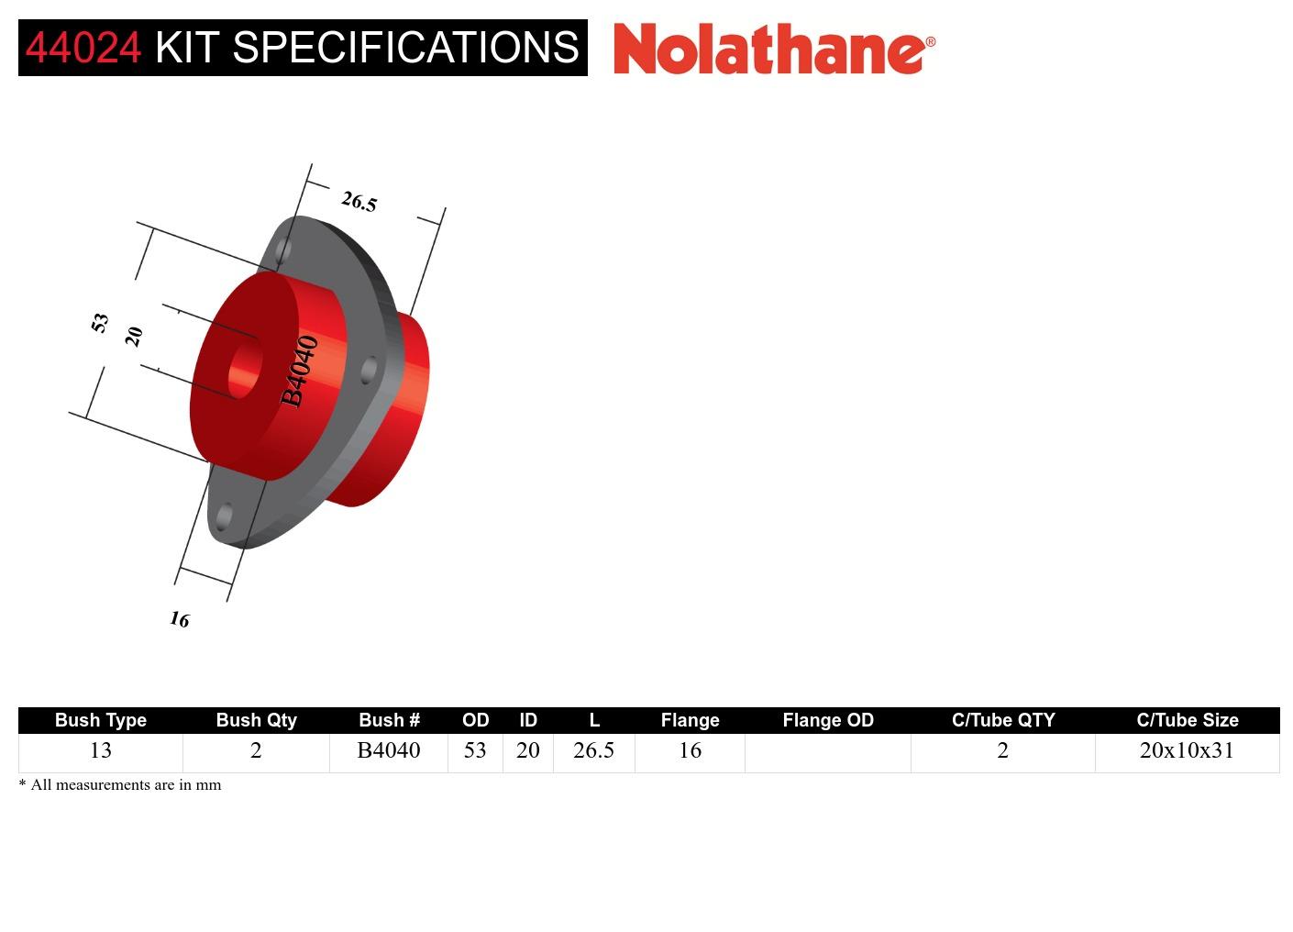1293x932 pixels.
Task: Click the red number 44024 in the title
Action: pyautogui.click(x=83, y=48)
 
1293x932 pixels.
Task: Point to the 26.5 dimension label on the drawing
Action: pyautogui.click(x=359, y=202)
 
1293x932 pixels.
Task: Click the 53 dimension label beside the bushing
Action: pyautogui.click(x=100, y=322)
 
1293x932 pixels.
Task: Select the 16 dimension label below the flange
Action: pyautogui.click(x=180, y=620)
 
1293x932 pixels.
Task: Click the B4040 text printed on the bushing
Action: pyautogui.click(x=300, y=371)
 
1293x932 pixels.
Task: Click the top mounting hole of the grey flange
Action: pyautogui.click(x=283, y=249)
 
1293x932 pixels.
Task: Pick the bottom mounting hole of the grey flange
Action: pyautogui.click(x=224, y=516)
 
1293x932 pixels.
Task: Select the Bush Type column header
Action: pyautogui.click(x=101, y=720)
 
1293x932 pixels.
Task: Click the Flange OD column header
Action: pyautogui.click(x=827, y=720)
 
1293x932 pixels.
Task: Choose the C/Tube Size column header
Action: pyautogui.click(x=1187, y=720)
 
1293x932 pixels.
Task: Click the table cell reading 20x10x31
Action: pyautogui.click(x=1187, y=750)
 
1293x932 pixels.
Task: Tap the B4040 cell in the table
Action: pyautogui.click(x=389, y=750)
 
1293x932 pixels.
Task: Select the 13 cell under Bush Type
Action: pyautogui.click(x=101, y=750)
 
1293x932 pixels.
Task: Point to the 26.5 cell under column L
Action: pyautogui.click(x=593, y=750)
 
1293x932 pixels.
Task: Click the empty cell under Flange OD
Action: pyautogui.click(x=827, y=751)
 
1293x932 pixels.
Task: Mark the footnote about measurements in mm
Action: pyautogui.click(x=120, y=784)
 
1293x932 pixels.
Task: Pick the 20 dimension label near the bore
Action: pyautogui.click(x=134, y=336)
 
